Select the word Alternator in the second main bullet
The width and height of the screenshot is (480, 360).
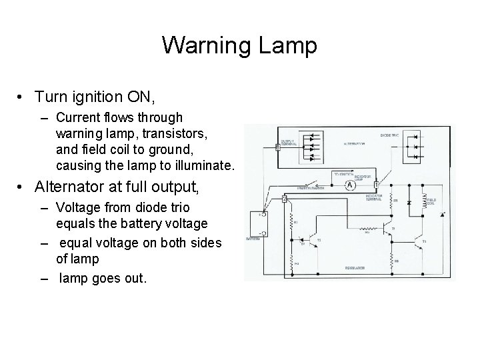pos(91,185)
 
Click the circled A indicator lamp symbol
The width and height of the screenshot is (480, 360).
pos(348,187)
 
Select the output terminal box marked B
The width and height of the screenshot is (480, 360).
pos(277,147)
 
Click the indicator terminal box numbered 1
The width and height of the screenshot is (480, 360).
pos(377,185)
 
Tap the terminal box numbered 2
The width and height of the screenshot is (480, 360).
pos(285,198)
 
